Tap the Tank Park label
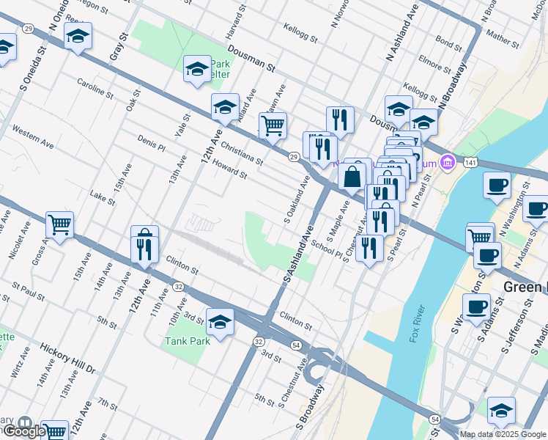coord(187,340)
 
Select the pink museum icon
coord(446,162)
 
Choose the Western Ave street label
coord(33,137)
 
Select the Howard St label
coord(229,171)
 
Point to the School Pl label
coord(326,247)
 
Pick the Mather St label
coord(502,35)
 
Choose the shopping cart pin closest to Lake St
coord(59,224)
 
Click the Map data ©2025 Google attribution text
coord(503,434)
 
